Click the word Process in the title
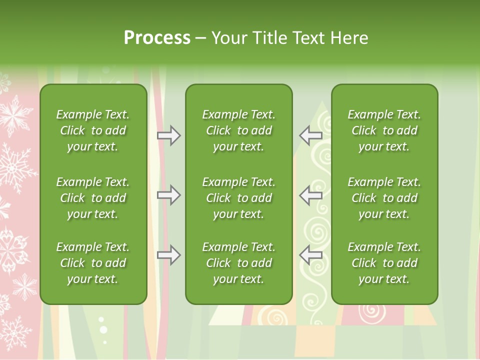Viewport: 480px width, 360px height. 157,37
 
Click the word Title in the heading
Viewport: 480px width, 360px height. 269,37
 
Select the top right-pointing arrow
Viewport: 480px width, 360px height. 169,135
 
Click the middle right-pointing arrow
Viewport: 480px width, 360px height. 169,195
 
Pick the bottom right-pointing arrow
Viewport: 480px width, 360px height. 169,255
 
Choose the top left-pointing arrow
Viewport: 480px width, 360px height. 311,135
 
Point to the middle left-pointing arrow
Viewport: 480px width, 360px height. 311,195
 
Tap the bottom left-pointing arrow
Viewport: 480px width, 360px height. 311,255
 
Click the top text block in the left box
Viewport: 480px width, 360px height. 93,130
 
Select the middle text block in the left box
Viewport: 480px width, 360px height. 93,198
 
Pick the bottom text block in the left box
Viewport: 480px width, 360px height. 93,263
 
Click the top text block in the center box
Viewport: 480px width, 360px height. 239,130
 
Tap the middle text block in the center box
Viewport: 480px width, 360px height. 239,198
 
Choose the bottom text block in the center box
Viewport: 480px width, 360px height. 239,263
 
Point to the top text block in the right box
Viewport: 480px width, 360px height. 384,130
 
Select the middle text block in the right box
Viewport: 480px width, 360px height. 384,198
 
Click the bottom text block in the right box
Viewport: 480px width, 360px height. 384,263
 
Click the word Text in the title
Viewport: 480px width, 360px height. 309,37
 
